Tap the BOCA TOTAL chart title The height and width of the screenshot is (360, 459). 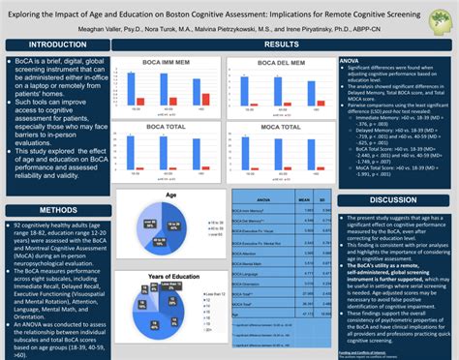[161, 126]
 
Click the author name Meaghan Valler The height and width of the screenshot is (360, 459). [107, 29]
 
